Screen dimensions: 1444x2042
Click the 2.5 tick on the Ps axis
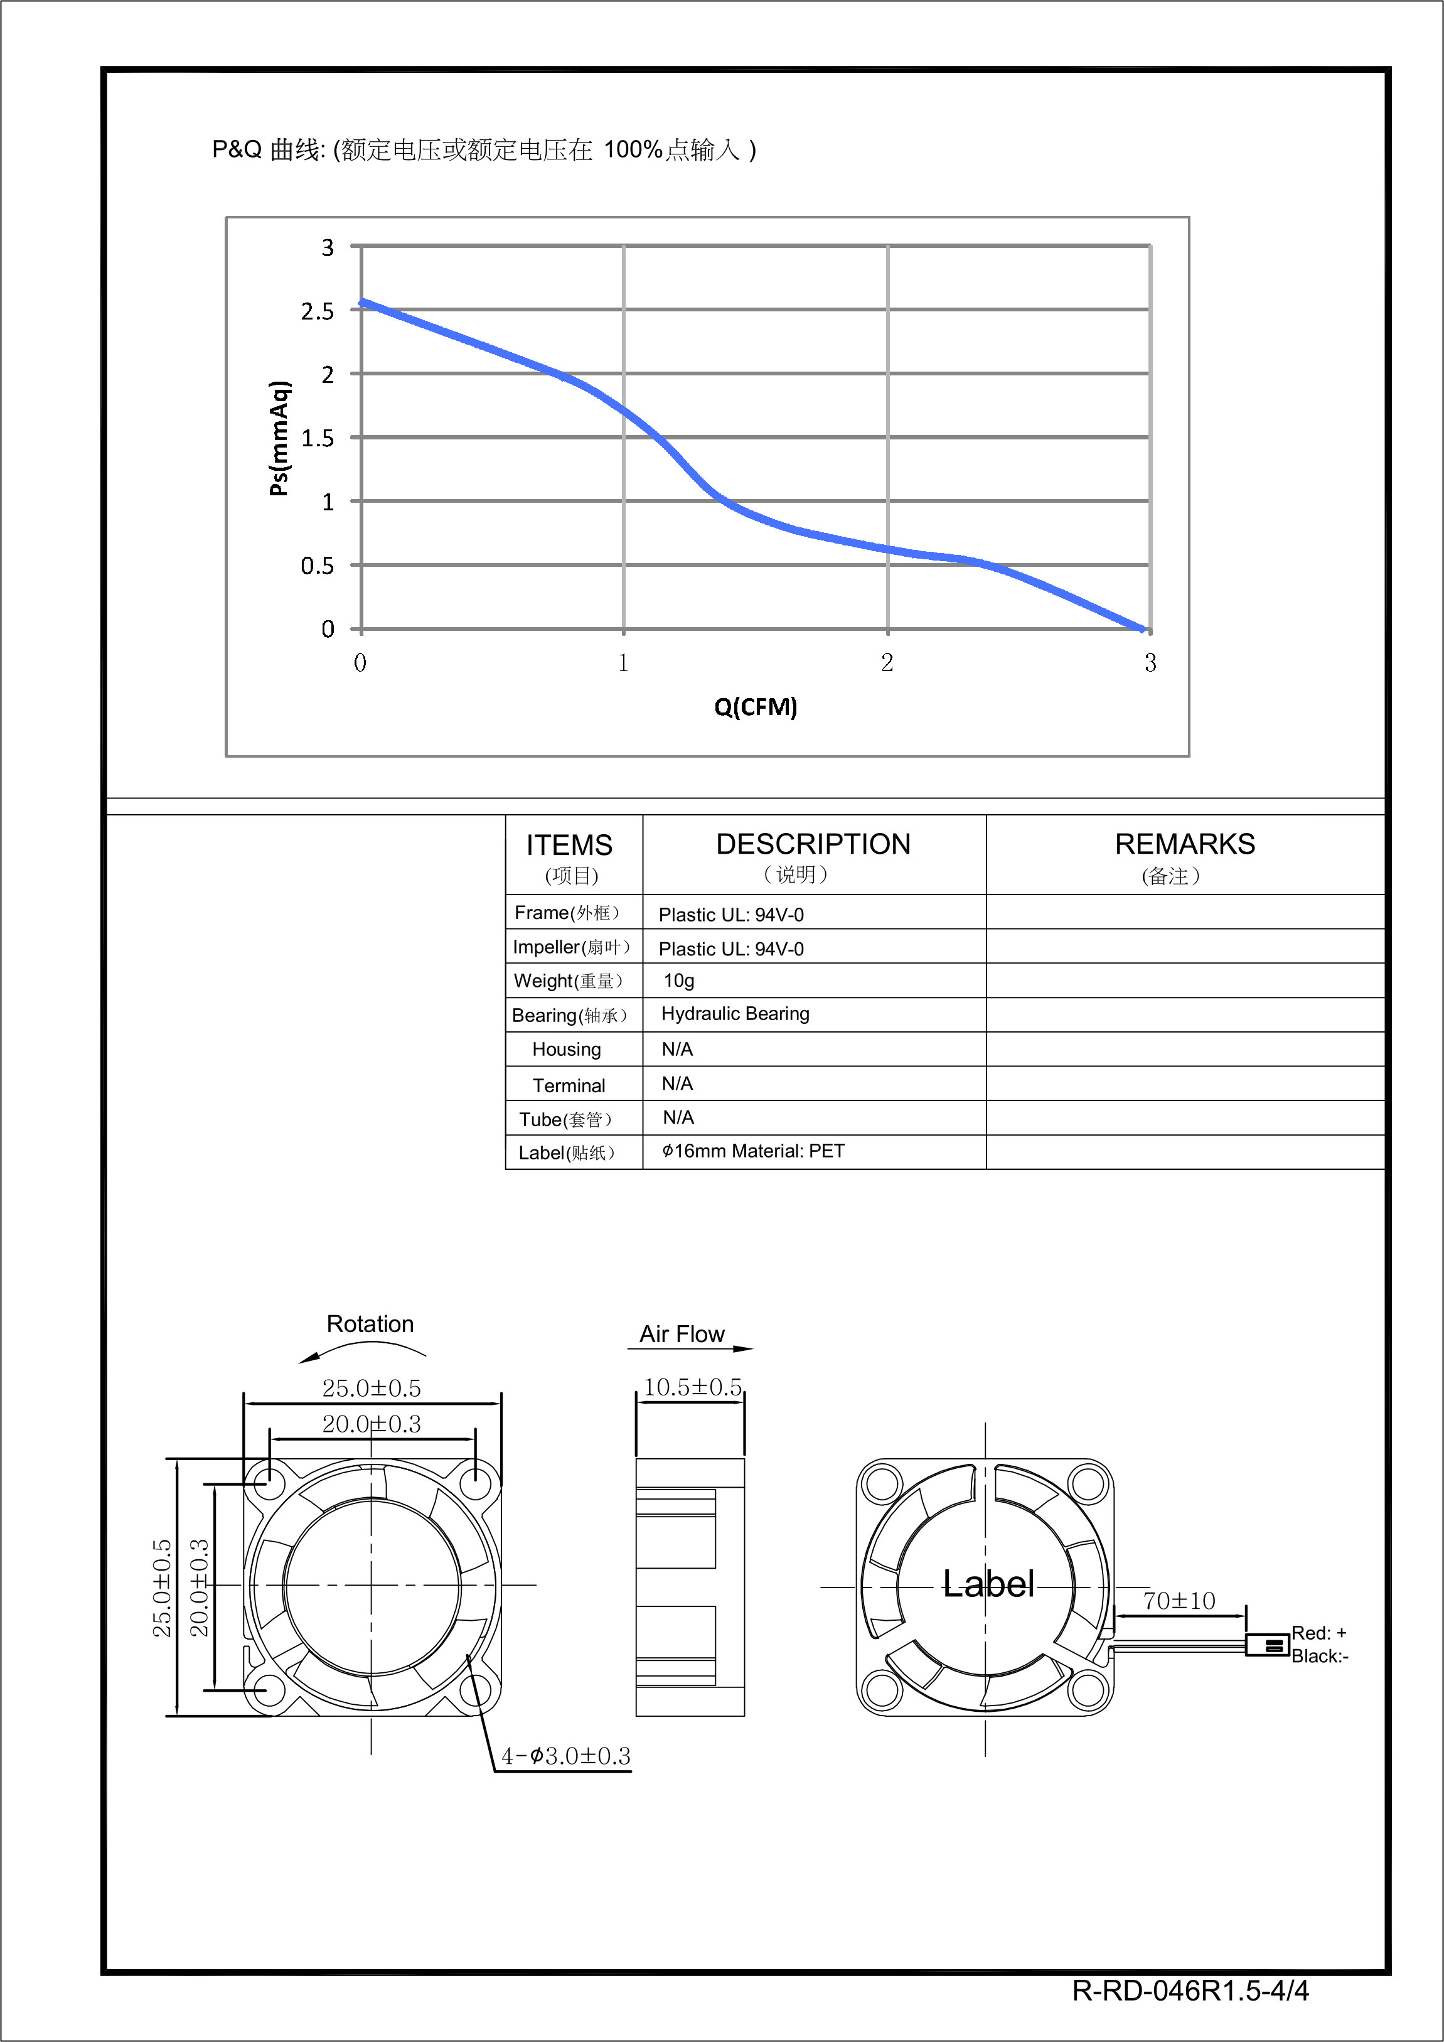coord(318,311)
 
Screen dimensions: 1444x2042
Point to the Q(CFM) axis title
coord(756,707)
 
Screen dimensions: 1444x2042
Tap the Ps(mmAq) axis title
coord(279,438)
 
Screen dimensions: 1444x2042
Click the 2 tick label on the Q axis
coord(887,663)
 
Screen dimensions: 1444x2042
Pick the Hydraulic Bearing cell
coord(735,1014)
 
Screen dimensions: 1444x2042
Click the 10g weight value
coord(679,980)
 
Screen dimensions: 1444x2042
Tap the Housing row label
coord(567,1050)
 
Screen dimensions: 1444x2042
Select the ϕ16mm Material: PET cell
coord(753,1151)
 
